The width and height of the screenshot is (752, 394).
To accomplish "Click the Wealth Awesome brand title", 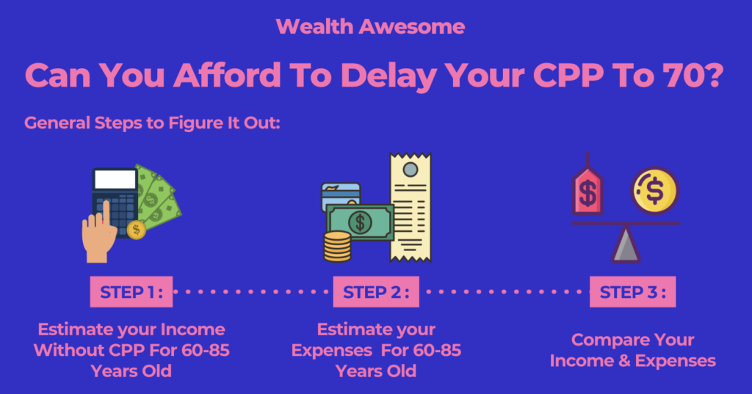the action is point(370,27).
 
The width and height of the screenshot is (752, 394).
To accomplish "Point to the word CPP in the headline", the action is point(568,76).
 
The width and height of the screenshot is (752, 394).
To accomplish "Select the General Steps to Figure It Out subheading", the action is point(152,123).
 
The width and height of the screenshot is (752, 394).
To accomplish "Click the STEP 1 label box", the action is point(131,291).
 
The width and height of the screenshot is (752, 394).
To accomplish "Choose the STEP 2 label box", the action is point(376,291).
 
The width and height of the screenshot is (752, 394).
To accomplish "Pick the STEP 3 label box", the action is point(632,291).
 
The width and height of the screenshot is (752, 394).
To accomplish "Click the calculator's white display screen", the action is point(115,180).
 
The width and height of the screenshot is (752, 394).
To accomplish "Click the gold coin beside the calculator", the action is point(136,230).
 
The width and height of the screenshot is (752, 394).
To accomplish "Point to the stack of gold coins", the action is point(337,247).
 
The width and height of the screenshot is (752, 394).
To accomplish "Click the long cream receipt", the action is point(411,207).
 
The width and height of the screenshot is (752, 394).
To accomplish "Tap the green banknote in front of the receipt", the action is point(360,222).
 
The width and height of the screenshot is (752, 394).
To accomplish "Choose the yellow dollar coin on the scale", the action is point(654,190).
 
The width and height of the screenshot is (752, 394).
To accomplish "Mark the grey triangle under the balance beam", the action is point(626,245).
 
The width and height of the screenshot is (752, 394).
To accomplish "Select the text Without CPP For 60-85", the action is point(131,351).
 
